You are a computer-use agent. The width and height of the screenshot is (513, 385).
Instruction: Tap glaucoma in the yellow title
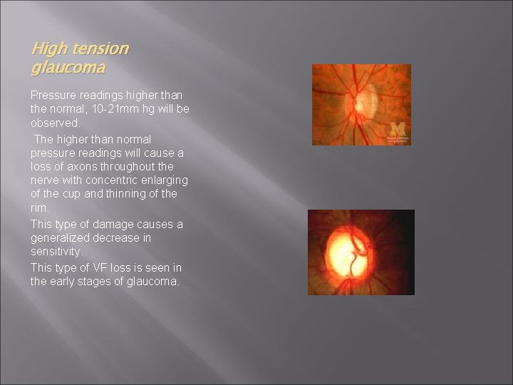(68, 68)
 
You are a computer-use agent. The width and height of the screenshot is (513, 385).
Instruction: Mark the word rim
(40, 208)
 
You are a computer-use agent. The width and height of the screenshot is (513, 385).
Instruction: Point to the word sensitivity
(56, 252)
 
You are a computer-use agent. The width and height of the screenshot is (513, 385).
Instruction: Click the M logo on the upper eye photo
(397, 129)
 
